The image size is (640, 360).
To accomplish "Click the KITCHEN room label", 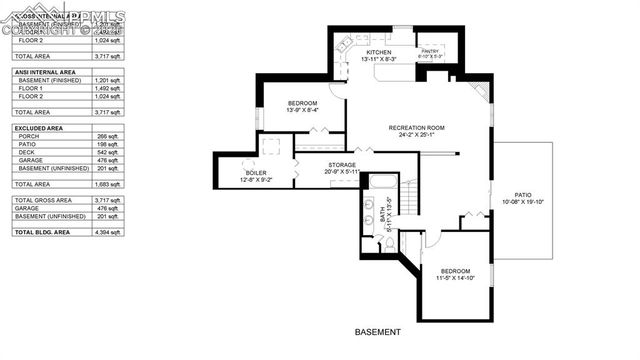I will point(377,52).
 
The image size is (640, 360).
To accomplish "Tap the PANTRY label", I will point(430,51).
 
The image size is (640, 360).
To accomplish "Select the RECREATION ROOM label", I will point(417,128).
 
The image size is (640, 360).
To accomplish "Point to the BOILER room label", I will point(256,173).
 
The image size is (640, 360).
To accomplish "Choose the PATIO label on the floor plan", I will point(523,195).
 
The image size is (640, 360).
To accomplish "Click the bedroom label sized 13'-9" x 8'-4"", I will point(302,104).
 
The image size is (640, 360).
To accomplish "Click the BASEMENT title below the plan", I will point(377,332).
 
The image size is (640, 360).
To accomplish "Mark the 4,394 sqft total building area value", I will point(108,232).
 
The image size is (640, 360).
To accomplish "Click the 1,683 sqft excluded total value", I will point(108,184).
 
